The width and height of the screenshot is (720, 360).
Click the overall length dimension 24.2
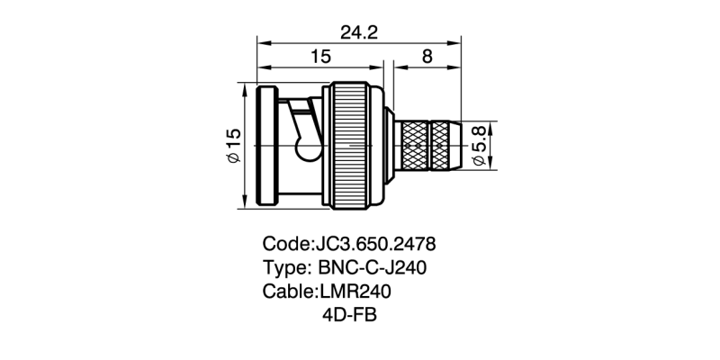tap(358, 32)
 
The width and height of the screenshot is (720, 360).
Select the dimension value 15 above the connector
tap(320, 57)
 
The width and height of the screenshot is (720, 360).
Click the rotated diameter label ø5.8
tap(479, 145)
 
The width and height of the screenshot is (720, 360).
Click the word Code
tap(283, 244)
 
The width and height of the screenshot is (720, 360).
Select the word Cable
tap(286, 292)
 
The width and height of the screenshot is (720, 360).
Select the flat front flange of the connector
tap(267, 145)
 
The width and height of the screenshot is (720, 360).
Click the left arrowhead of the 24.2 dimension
tap(261, 41)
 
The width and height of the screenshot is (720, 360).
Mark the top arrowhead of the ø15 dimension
tap(245, 86)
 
